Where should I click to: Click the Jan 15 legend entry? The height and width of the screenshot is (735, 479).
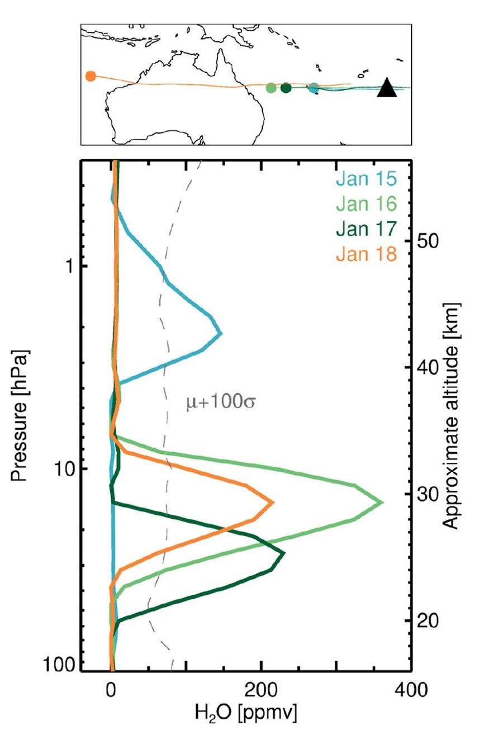366,181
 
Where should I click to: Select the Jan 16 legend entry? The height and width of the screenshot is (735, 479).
366,205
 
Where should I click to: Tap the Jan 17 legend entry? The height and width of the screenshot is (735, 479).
366,230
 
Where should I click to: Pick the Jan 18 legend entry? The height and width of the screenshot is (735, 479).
366,254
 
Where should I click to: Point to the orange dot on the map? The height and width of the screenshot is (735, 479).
91,76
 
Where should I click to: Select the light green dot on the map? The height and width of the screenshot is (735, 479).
271,88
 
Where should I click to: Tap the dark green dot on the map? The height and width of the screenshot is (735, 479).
286,88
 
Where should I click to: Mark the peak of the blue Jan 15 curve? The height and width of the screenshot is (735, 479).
221,334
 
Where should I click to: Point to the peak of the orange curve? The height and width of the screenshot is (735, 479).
273,502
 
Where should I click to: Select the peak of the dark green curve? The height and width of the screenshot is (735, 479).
284,553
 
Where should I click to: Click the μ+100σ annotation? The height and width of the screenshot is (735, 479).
220,402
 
